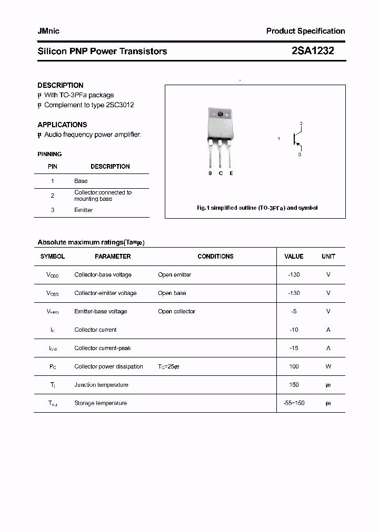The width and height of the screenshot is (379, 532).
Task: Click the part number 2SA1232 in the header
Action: pos(313,51)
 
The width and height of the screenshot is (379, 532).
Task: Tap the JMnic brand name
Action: pos(48,31)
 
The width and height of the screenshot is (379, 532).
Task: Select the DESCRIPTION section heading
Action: pos(61,85)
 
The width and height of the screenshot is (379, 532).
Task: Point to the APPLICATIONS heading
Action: pos(62,125)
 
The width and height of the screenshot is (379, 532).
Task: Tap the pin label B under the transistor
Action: pos(210,173)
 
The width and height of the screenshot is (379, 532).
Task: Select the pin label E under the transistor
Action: pos(231,173)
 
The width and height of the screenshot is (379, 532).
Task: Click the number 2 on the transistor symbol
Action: pos(301,124)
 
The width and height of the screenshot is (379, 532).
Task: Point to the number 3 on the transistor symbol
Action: pos(300,155)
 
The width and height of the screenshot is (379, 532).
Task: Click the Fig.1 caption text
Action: pos(257,208)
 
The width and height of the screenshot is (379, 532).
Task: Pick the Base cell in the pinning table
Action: pos(81,181)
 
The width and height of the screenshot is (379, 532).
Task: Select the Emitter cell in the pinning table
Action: pos(84,210)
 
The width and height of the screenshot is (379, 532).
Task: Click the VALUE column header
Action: pos(294,257)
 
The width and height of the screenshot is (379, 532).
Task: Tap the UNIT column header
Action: pos(328,257)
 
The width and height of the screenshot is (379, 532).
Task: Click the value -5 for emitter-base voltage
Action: pos(294,311)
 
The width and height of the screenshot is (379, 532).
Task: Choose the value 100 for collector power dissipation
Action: pos(294,366)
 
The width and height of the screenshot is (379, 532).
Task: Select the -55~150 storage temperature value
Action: pos(294,403)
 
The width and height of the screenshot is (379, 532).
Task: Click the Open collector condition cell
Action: pos(176,311)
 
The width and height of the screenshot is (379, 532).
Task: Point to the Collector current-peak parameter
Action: pos(103,348)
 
